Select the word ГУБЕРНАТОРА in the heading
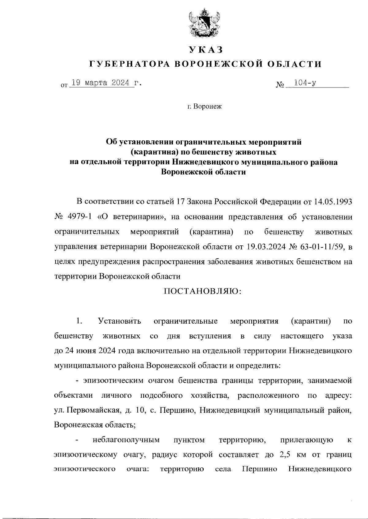[129, 64]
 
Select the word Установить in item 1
[120, 321]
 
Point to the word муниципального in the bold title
[278, 162]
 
